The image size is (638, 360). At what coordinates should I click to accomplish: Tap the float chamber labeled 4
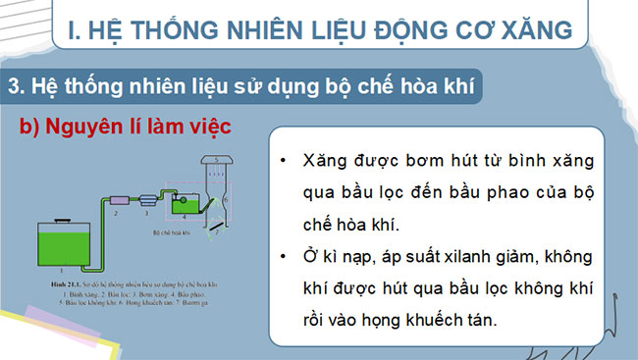pyautogui.click(x=185, y=205)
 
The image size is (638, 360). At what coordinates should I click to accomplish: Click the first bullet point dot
pyautogui.click(x=283, y=159)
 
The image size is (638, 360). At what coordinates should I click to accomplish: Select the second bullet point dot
pyautogui.click(x=283, y=257)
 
